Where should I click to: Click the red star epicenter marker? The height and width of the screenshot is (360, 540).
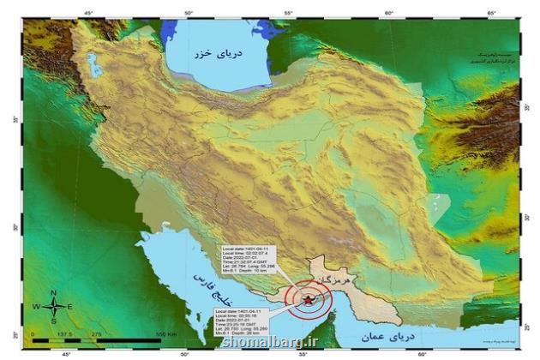(308, 298)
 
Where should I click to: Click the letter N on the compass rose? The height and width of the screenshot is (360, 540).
(53, 292)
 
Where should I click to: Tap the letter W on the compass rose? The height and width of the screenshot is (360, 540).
(36, 306)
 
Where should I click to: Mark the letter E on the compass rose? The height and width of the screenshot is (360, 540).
(69, 306)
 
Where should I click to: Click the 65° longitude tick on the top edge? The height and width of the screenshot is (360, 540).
(491, 13)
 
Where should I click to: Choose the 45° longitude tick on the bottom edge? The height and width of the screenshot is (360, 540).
(66, 352)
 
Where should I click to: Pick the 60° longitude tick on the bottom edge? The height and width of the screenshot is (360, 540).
(421, 352)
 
